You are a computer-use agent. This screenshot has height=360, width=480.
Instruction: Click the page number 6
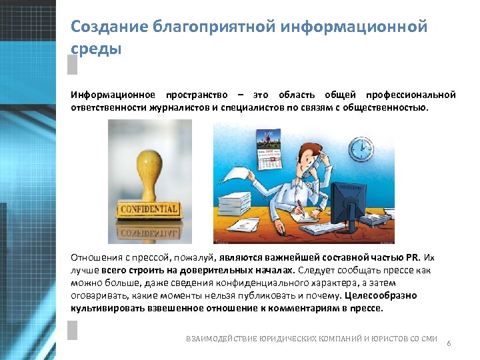click(449, 343)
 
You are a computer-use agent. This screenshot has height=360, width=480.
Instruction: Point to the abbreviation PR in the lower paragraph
click(413, 257)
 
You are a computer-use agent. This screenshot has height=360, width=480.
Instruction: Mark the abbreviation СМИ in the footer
click(428, 339)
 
